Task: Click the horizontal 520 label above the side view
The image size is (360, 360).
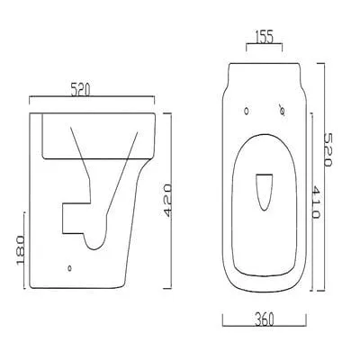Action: coord(80,90)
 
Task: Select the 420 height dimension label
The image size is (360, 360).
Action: coord(168,201)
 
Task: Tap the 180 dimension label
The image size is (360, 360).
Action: coord(21,250)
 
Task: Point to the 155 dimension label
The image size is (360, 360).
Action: coord(265,37)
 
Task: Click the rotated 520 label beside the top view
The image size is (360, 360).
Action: coord(328,150)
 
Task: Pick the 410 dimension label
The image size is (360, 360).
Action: coord(316,202)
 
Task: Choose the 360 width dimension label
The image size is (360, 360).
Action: coord(265,319)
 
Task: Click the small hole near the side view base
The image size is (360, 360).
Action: coord(69,268)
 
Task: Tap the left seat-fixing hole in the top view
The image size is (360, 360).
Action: coord(247,111)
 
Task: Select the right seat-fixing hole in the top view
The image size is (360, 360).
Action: coord(282,111)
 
